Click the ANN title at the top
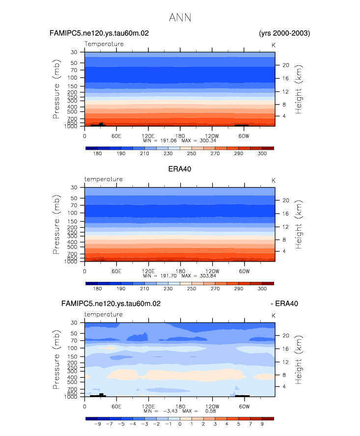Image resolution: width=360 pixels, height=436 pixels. point(180,18)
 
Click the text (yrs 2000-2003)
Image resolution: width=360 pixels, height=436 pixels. point(284,33)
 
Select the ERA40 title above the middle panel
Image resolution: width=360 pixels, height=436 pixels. point(180,169)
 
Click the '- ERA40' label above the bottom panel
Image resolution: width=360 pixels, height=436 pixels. point(284,304)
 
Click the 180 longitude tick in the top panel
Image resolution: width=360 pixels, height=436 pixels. point(180,136)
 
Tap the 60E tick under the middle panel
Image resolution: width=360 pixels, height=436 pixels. point(116,271)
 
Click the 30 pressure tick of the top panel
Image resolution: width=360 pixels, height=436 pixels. point(75,52)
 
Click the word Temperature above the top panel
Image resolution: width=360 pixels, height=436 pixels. point(104,44)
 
